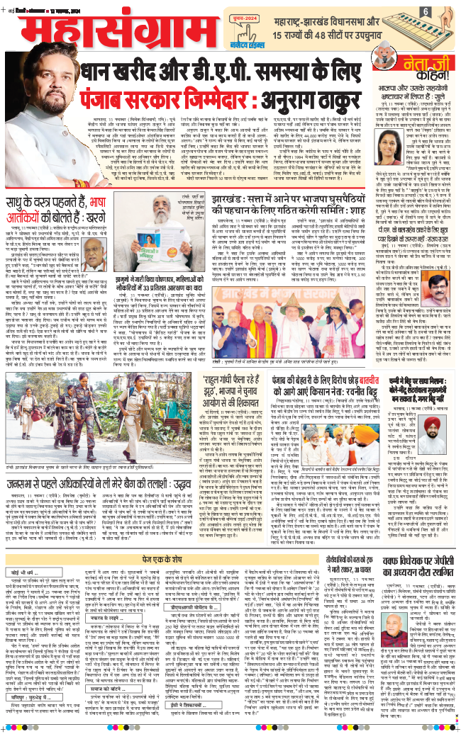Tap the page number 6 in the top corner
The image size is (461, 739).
pyautogui.click(x=445, y=11)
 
